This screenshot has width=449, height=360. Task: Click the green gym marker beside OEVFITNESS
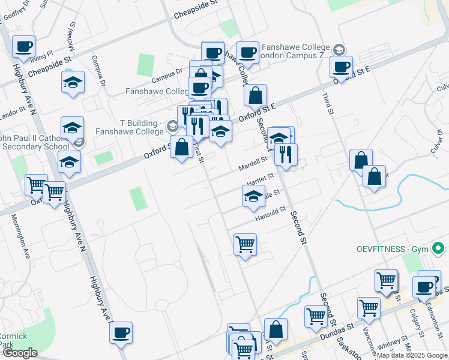(438, 248)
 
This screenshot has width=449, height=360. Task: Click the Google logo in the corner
(19, 353)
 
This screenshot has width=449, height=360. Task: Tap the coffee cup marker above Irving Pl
(23, 47)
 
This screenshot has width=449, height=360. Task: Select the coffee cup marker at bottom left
(121, 332)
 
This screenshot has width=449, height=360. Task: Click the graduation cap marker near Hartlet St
(253, 196)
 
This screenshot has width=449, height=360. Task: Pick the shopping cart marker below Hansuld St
(245, 245)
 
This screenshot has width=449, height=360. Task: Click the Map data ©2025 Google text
(412, 355)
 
